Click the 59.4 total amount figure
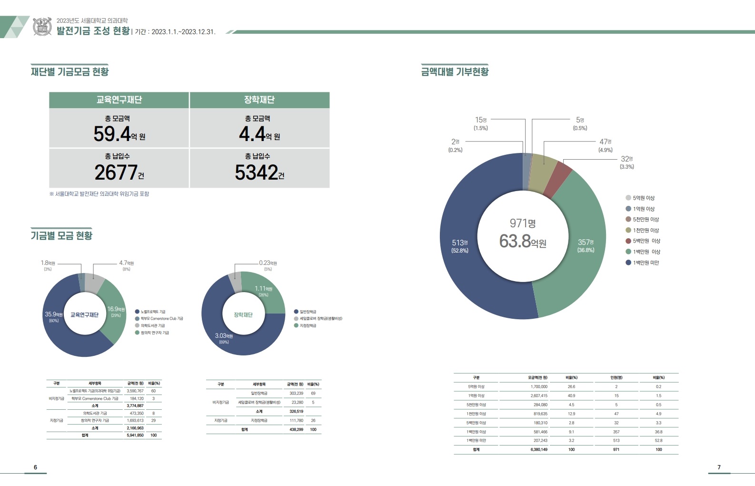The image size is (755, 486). coord(113,134)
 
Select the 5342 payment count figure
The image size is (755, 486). coord(257,172)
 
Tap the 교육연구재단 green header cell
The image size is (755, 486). coord(119,100)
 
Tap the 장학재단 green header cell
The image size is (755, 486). coord(259,100)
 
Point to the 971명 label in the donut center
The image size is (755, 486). coord(523,223)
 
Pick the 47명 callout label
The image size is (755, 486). coord(605,142)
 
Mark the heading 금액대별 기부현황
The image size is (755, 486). coord(455,71)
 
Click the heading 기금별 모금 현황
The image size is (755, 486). coord(61,235)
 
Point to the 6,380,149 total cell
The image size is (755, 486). coord(539,449)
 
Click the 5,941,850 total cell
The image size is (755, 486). coord(135,435)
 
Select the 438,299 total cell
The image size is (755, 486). coord(296,429)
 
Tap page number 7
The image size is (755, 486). coord(719,467)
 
